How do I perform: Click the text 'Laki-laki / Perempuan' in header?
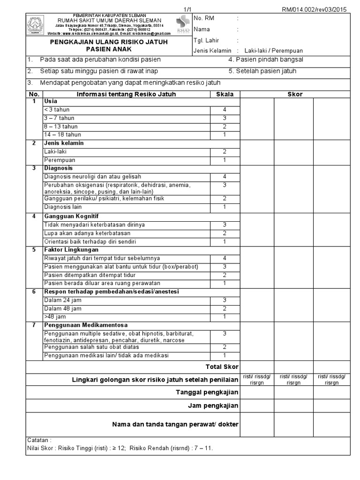tap(277, 51)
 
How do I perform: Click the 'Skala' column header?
tap(225, 94)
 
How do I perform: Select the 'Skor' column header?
tap(295, 94)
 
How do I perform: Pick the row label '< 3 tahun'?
tap(57, 110)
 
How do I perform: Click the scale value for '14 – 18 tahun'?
tap(225, 135)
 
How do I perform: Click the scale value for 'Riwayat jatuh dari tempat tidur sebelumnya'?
tap(225, 258)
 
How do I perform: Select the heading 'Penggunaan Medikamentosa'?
tap(86, 325)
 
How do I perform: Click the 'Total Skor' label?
tap(222, 367)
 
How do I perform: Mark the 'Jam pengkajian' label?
tap(213, 405)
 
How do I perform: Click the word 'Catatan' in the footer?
tap(39, 441)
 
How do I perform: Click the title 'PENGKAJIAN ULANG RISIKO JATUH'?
tap(109, 42)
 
